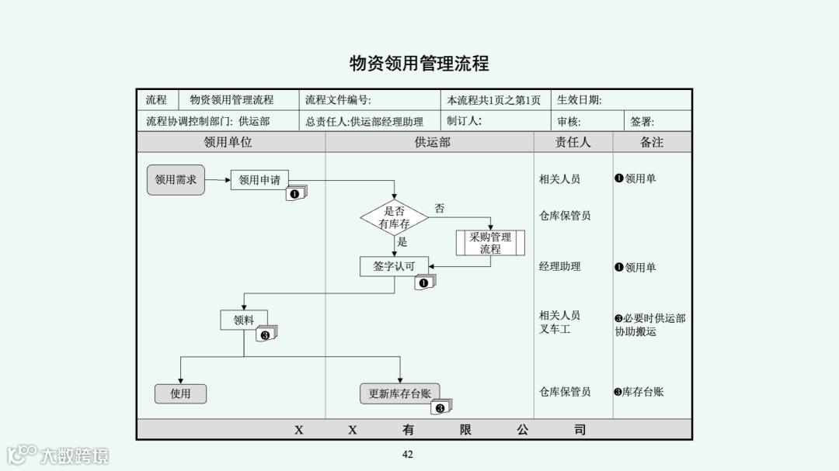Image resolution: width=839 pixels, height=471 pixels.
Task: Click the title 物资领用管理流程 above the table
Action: click(x=419, y=63)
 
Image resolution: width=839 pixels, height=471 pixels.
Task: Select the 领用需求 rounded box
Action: click(x=176, y=180)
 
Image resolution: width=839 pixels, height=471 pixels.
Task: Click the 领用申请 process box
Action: click(x=259, y=180)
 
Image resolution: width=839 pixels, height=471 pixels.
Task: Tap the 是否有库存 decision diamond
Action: click(x=394, y=217)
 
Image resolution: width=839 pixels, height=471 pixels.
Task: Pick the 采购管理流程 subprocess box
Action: click(x=490, y=243)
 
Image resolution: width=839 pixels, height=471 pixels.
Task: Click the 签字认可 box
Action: click(x=394, y=266)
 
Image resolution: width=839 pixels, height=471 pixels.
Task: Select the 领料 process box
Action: click(x=243, y=320)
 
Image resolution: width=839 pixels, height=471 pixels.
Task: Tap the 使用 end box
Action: click(x=180, y=393)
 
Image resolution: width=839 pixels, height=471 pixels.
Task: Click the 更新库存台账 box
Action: click(x=399, y=393)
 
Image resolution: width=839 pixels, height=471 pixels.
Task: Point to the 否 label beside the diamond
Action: click(x=440, y=209)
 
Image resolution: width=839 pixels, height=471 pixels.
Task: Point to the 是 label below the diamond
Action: click(x=402, y=242)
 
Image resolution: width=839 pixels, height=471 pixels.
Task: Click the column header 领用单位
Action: click(x=228, y=142)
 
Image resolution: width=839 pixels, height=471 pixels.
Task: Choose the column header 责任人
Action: click(x=573, y=142)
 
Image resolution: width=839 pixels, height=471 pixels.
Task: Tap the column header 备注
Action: click(x=652, y=142)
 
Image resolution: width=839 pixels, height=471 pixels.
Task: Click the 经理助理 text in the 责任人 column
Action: click(x=559, y=266)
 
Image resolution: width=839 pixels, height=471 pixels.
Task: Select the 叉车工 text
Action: click(x=555, y=329)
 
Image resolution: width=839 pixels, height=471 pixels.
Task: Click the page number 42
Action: click(x=408, y=454)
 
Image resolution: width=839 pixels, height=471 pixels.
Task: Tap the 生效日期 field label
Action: click(x=579, y=100)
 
